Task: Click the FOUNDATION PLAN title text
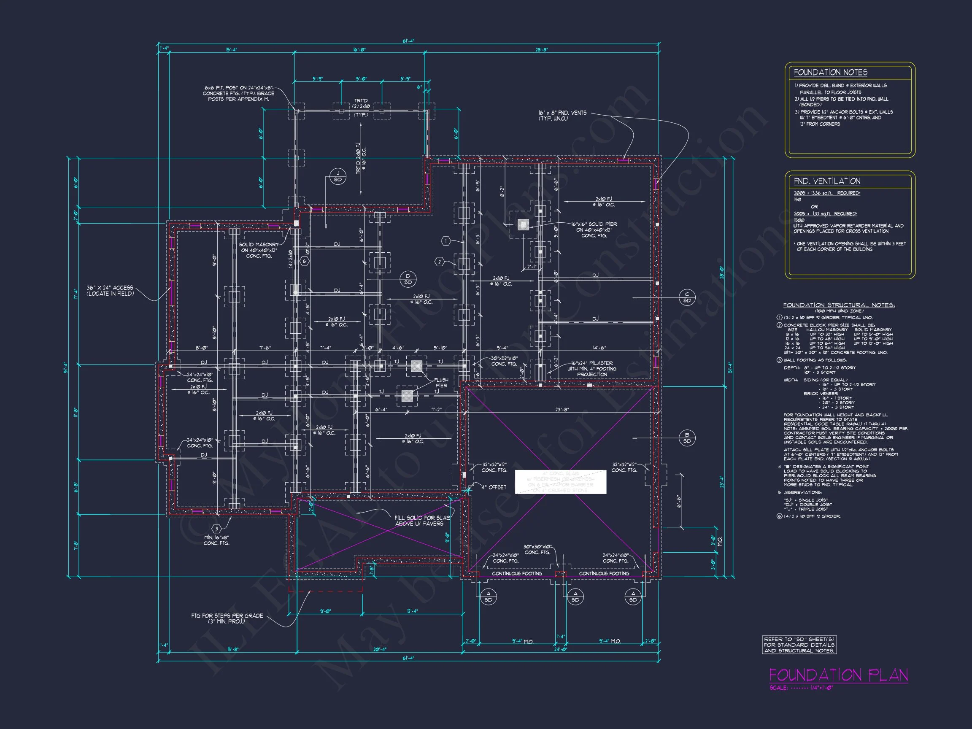838,675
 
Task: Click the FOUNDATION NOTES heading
830,73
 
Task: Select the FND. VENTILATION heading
826,181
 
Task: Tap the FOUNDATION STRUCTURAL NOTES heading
838,305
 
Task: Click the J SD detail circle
337,177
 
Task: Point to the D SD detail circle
408,279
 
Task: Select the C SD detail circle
687,297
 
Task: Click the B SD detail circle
687,438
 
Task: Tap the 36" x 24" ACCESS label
109,290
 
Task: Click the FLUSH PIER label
441,383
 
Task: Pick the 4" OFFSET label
494,487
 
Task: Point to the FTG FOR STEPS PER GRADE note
227,618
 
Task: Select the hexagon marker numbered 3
216,529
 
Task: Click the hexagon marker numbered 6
305,262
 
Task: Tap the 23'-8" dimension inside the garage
562,410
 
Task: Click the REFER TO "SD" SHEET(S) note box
799,645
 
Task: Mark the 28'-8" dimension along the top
541,50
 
